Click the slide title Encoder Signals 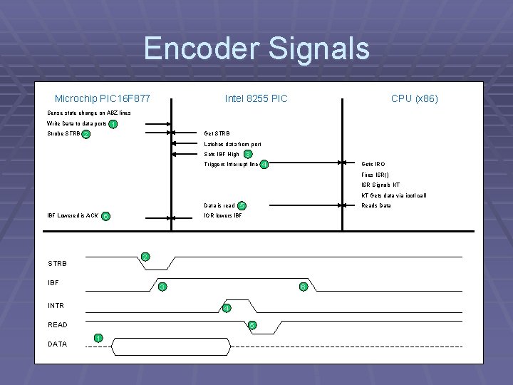click(256, 48)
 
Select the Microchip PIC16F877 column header click(102, 98)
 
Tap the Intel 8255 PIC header click(256, 98)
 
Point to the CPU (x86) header click(414, 98)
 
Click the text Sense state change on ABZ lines click(88, 113)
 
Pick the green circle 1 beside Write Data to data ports click(114, 124)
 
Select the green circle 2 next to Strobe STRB click(85, 134)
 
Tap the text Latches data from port click(232, 144)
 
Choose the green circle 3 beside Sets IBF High click(247, 154)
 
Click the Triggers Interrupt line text click(231, 165)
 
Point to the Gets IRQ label click(373, 164)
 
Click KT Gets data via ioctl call click(393, 195)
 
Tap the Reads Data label click(376, 205)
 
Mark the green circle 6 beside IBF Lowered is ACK click(105, 216)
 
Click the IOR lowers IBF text click(223, 215)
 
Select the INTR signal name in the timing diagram click(56, 306)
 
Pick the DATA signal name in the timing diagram click(57, 344)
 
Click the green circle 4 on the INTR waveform click(226, 308)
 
